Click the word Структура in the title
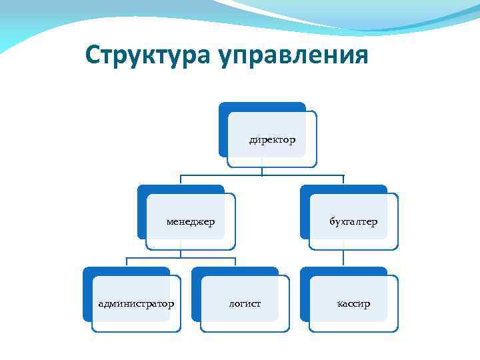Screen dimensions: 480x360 [148, 55]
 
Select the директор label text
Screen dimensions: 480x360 [273, 140]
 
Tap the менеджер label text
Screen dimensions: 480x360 [191, 222]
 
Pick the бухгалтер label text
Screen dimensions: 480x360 [353, 222]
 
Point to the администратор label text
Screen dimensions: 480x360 [136, 304]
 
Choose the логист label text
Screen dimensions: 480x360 [245, 304]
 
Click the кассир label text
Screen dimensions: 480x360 [353, 304]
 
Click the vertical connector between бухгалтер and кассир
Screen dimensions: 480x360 [343, 258]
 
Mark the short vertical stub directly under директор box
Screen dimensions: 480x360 [262, 171]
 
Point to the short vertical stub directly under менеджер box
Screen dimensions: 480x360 [181, 253]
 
